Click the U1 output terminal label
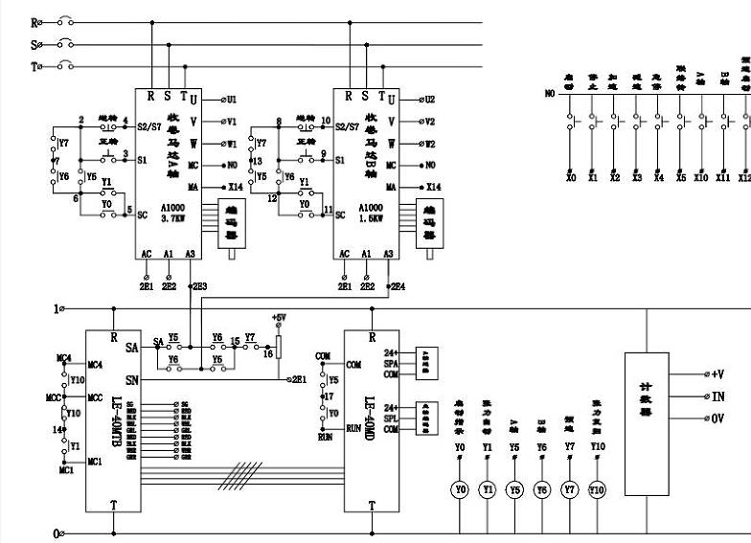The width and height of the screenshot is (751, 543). (236, 99)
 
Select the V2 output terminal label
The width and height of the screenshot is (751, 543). (431, 122)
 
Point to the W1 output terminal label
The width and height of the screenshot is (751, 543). (234, 144)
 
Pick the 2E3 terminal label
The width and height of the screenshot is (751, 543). (198, 286)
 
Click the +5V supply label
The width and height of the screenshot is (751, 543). (279, 317)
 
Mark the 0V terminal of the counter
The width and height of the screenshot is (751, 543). (717, 419)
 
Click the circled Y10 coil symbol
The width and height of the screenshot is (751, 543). (598, 489)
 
